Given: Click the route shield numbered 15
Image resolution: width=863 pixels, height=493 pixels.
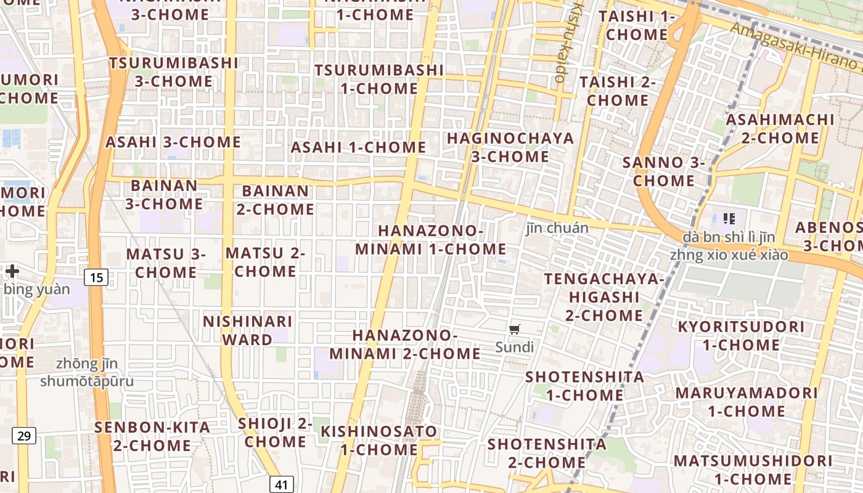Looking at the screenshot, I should [96, 277].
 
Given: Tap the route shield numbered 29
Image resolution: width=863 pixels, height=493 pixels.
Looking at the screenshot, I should [24, 436].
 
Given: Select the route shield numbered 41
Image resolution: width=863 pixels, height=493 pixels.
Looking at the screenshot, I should [282, 484].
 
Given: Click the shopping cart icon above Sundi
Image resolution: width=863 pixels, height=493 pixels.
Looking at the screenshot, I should [515, 329].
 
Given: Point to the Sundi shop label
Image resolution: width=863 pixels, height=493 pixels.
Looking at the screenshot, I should [515, 347].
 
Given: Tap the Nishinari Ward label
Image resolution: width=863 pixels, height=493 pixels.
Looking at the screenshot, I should [247, 330].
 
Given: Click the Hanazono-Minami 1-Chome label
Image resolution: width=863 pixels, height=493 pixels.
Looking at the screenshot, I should [431, 240].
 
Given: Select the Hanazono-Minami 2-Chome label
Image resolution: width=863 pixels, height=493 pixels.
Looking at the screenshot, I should [405, 344].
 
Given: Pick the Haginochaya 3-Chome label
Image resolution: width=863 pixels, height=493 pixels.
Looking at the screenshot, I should [510, 147].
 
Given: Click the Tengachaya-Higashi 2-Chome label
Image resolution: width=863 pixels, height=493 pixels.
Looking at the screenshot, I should [604, 297].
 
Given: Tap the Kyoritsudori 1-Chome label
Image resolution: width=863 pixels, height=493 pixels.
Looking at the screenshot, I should [741, 335].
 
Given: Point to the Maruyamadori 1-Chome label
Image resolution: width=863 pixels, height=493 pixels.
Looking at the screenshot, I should [746, 402].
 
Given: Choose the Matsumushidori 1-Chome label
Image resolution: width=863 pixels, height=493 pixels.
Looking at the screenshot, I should [753, 470].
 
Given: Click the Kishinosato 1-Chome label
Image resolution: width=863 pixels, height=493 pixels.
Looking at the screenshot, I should [379, 440].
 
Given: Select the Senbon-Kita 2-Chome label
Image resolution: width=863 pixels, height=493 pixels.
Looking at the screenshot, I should [152, 436].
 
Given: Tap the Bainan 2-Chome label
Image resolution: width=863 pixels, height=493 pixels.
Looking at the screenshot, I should [276, 200].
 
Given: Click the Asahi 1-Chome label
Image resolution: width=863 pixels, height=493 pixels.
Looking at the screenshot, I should [358, 147].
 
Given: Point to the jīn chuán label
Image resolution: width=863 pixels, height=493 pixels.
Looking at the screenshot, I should [557, 228].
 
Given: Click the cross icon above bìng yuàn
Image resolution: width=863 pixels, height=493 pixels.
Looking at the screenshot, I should [12, 271].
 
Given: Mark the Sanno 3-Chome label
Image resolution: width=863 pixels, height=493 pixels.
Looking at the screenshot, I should [663, 171].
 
